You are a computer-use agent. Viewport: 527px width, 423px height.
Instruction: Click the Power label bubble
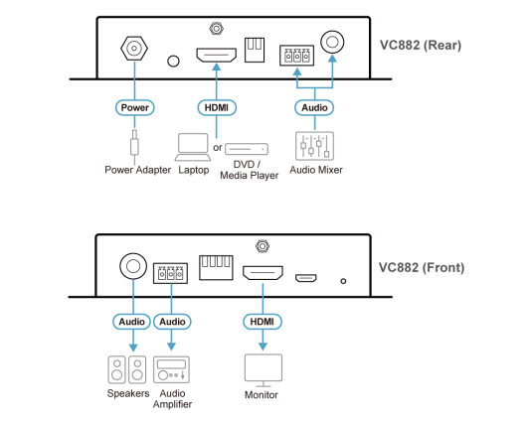coord(135,108)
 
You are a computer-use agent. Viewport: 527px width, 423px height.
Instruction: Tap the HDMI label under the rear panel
coord(217,108)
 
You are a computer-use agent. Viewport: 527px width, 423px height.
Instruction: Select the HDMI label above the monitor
coord(263,322)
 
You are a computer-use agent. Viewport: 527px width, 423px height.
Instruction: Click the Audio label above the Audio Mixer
coord(314,108)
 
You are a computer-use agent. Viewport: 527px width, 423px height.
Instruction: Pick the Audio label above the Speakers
coord(131,322)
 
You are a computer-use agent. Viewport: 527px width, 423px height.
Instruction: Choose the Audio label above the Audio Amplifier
coord(172,322)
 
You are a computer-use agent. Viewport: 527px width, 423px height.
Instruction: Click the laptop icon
coord(193,147)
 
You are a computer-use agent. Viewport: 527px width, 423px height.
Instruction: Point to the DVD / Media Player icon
coord(247,149)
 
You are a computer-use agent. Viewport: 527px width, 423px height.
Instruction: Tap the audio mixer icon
coord(314,146)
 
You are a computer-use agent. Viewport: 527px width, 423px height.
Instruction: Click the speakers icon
coord(127,369)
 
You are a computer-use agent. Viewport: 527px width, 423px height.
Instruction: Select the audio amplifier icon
coord(171,369)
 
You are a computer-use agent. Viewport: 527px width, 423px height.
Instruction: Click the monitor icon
coord(263,370)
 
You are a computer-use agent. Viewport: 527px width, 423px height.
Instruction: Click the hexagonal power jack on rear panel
coord(134,49)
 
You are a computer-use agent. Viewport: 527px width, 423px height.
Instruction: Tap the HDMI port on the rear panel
coord(217,55)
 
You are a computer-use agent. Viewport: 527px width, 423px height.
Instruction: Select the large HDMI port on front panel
coord(263,273)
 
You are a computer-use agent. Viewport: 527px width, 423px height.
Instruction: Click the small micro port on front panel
coord(306,278)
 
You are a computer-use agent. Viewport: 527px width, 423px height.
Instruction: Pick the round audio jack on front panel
coord(133,266)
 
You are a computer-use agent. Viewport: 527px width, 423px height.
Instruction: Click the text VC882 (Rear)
coord(421,45)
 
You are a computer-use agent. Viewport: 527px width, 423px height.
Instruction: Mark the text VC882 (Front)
coord(422,267)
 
